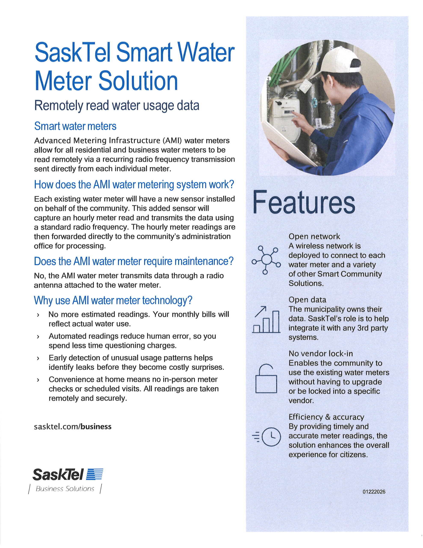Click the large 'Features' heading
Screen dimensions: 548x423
coord(304,203)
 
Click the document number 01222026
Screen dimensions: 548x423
coord(374,492)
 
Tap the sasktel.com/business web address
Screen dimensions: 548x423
coord(73,427)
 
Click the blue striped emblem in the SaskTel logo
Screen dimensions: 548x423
coord(95,474)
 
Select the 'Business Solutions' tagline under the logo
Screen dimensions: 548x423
coord(65,488)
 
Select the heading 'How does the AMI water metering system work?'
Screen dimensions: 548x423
coord(134,185)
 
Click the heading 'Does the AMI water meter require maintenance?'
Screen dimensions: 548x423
coord(134,261)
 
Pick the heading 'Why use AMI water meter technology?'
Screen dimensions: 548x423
coord(113,300)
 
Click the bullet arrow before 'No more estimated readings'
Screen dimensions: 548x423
coord(38,315)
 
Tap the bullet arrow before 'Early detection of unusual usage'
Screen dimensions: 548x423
coord(38,358)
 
